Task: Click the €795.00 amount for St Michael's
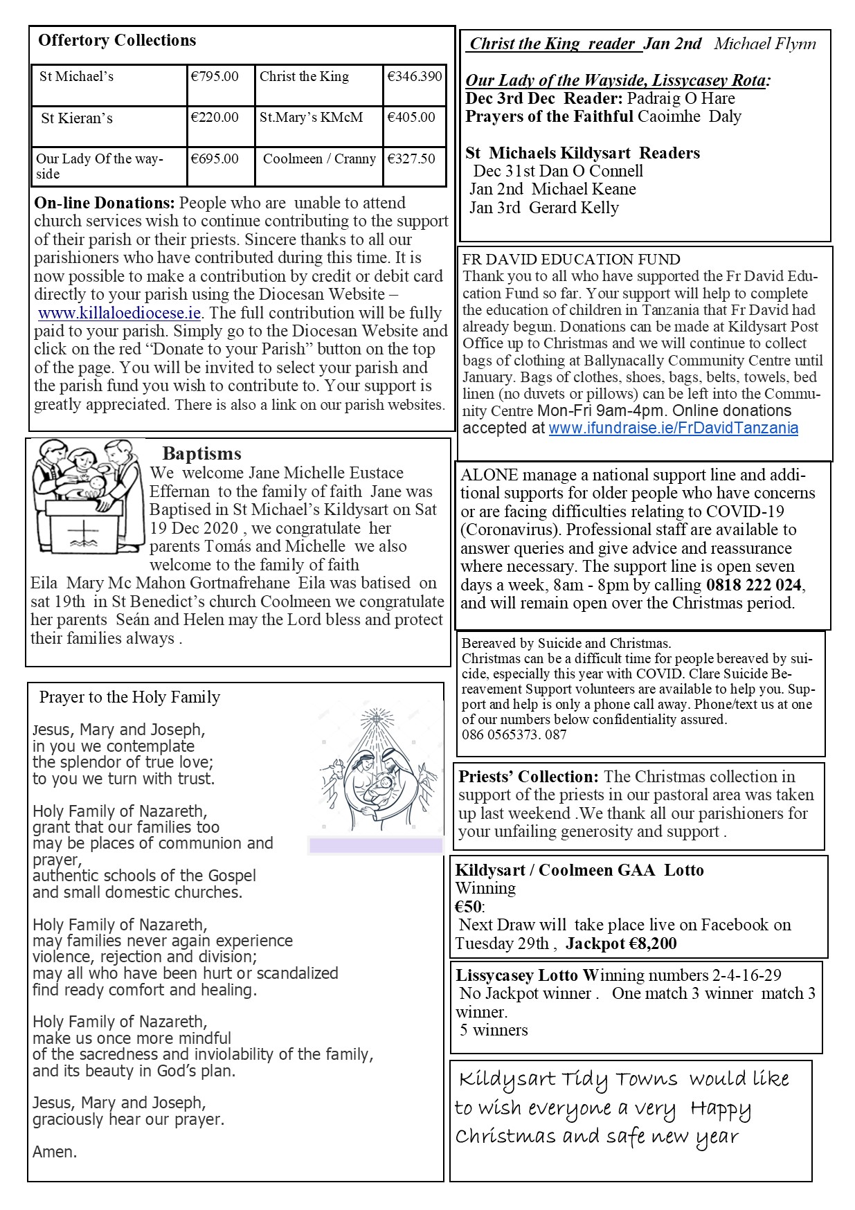215,77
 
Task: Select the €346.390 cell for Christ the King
414,77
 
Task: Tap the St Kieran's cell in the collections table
76,118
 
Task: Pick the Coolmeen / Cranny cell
319,159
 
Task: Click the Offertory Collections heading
117,41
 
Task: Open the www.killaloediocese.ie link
119,313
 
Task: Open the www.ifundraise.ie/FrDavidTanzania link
673,428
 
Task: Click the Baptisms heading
201,454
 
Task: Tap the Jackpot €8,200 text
621,943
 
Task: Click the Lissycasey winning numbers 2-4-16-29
746,976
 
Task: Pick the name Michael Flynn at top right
764,44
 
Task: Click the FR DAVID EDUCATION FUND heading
571,260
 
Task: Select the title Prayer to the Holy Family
129,697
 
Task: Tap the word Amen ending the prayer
55,1152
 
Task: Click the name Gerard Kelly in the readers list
573,208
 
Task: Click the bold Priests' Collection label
528,777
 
